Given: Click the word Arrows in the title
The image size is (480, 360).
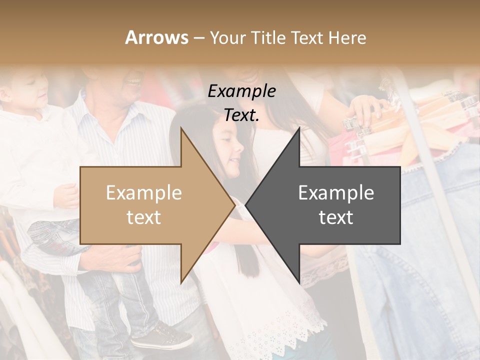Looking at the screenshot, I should point(157,37).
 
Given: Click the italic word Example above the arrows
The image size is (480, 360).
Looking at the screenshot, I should point(241,91).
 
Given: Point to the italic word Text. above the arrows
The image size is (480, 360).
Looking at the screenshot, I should point(241,115).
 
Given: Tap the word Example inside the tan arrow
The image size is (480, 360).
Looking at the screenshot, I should point(144,193).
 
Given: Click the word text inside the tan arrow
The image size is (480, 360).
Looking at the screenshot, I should point(144,217).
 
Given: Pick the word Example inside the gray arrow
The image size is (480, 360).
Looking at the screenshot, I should point(336,193).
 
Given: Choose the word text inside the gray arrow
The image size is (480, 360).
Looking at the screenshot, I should point(336,217).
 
